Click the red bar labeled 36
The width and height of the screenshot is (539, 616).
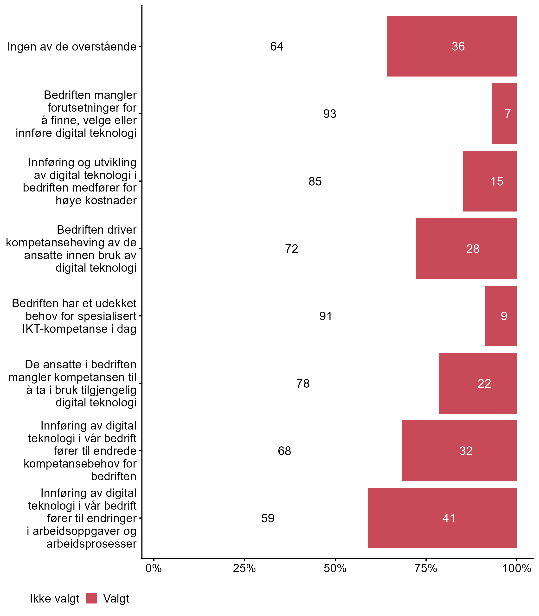coord(451,46)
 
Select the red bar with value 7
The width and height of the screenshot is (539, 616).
coord(504,114)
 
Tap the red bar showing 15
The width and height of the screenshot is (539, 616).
coord(490,181)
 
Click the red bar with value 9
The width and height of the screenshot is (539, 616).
coord(500,316)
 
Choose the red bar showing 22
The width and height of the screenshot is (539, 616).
coord(477,383)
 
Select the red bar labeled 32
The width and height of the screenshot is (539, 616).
coord(459,450)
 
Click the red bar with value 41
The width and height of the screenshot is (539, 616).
coord(442,518)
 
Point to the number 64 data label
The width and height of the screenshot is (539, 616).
coord(276,46)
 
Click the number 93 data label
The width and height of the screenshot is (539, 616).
coord(330,114)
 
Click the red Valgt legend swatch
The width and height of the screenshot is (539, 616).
coord(91,598)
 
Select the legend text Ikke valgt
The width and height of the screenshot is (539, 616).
coord(54,599)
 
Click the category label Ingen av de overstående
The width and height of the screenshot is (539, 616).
coord(72,47)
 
